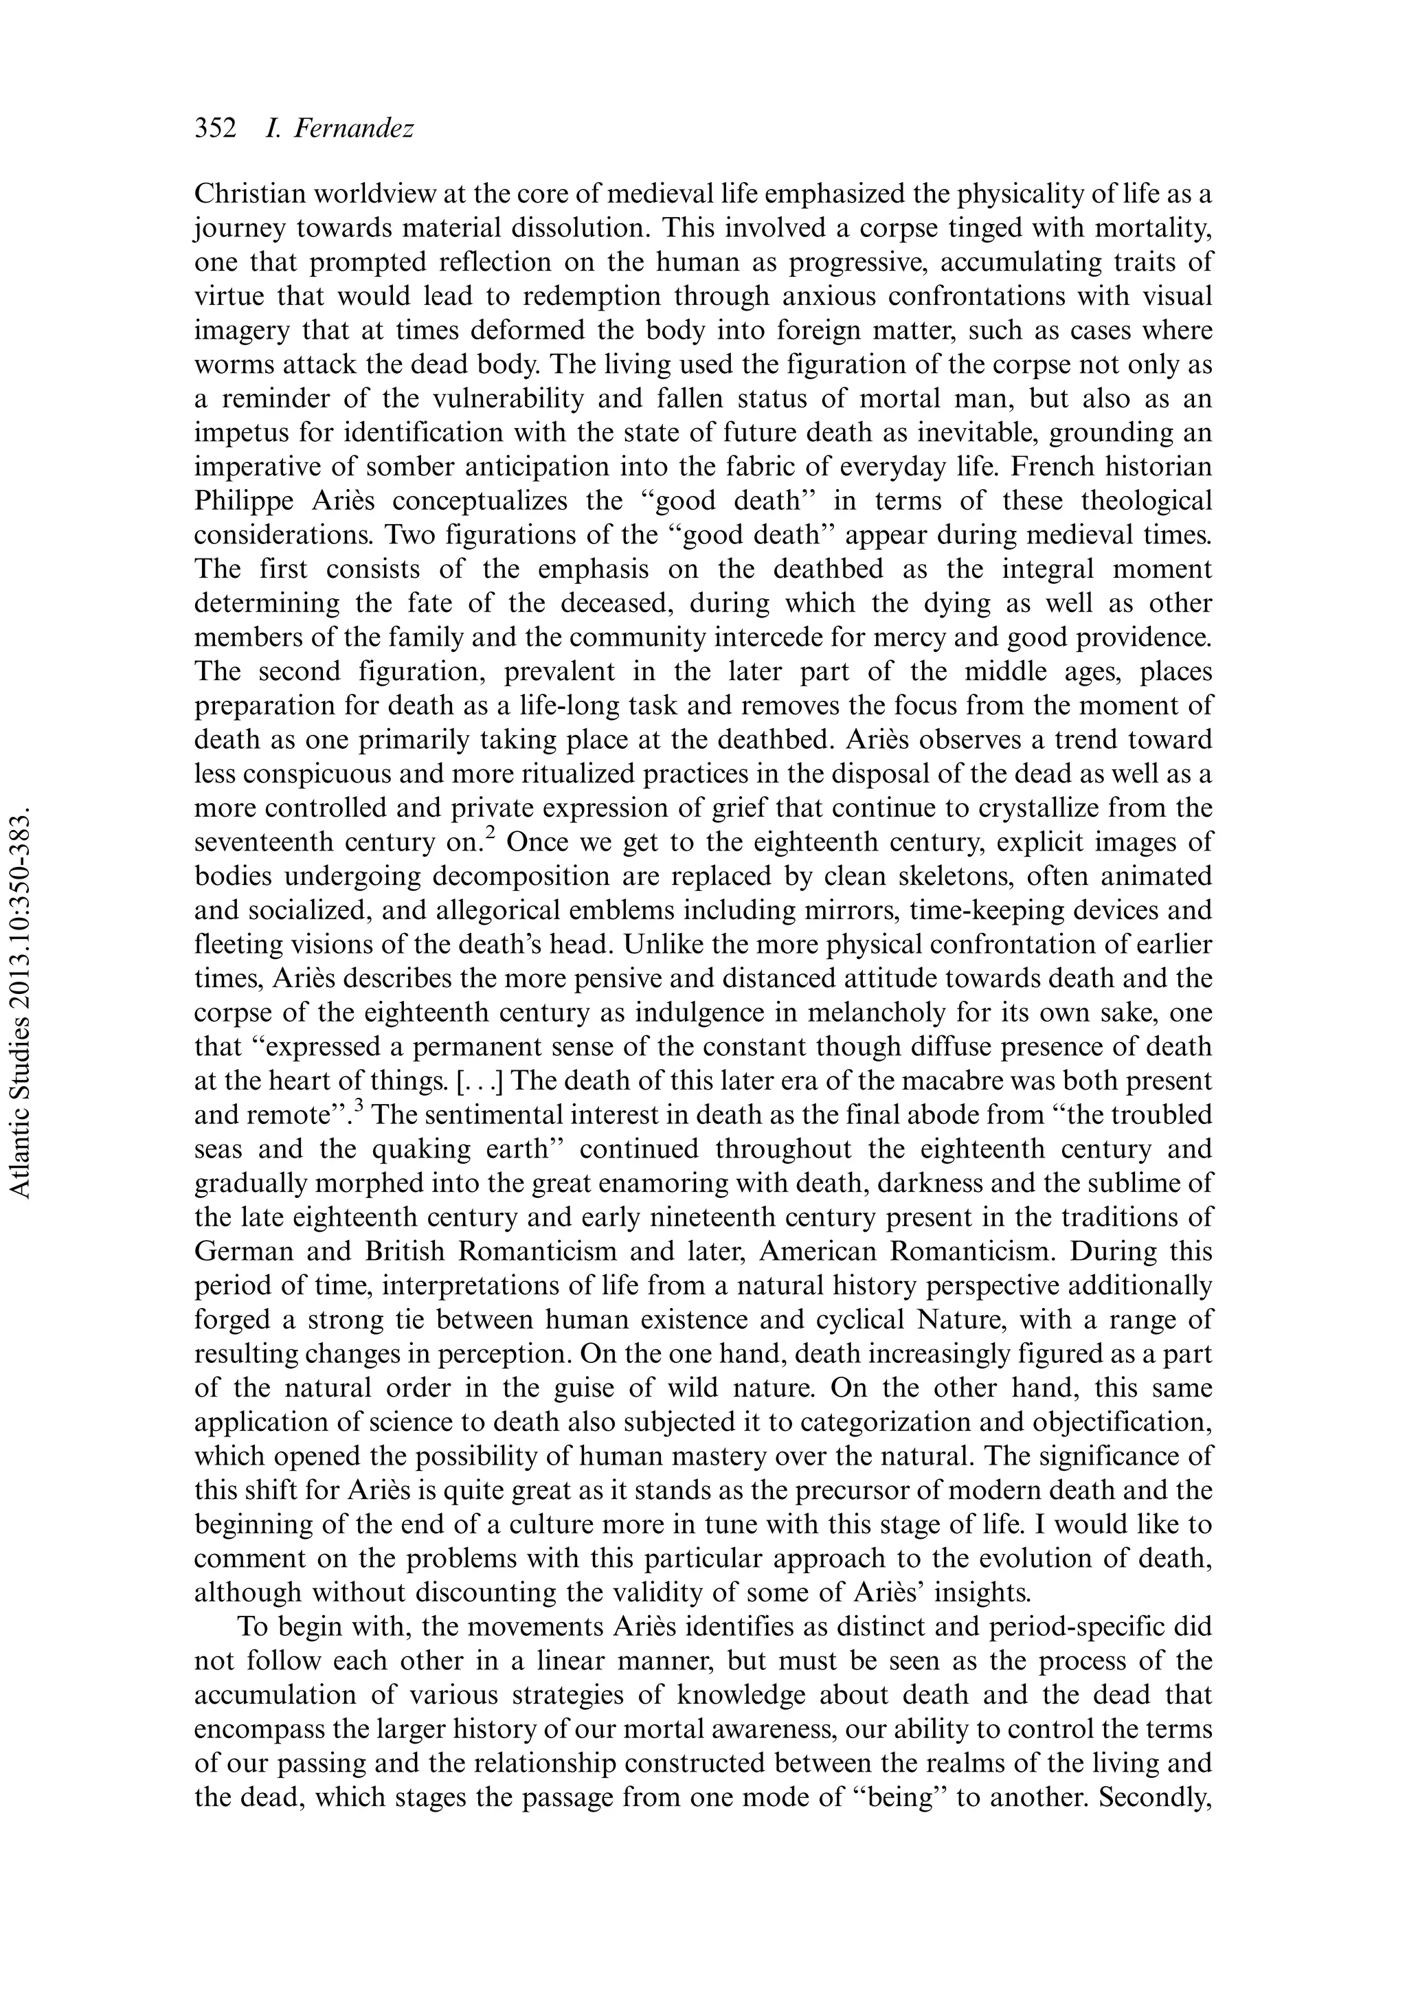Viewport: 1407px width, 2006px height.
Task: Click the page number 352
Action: [215, 128]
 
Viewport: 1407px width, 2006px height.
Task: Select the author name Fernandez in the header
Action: [354, 128]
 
